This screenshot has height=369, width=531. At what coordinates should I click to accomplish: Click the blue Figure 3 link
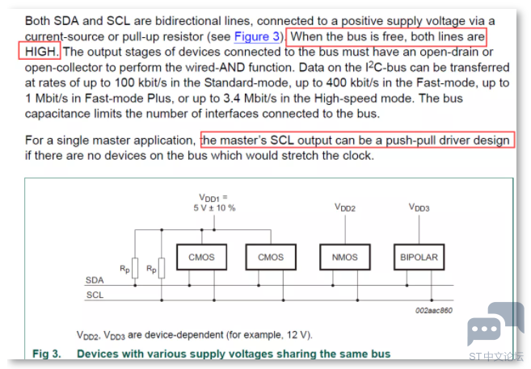(x=257, y=36)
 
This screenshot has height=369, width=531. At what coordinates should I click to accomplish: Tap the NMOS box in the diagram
(x=345, y=257)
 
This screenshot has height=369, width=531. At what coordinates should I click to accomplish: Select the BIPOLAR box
(x=419, y=257)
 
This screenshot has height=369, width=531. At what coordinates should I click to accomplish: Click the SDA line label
(x=95, y=280)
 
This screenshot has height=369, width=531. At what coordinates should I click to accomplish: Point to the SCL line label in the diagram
(x=95, y=295)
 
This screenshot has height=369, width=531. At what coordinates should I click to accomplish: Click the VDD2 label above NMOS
(x=345, y=208)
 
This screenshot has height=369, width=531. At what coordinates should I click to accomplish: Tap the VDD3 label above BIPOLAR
(x=419, y=208)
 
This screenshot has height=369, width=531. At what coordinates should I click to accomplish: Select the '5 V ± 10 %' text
(x=214, y=208)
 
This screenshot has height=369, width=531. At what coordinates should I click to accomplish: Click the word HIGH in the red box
(x=40, y=52)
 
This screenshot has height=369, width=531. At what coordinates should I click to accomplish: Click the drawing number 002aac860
(x=434, y=311)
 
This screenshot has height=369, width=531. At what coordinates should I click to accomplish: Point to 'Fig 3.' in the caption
(x=47, y=354)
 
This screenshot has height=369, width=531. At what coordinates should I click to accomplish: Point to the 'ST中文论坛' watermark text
(x=496, y=357)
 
